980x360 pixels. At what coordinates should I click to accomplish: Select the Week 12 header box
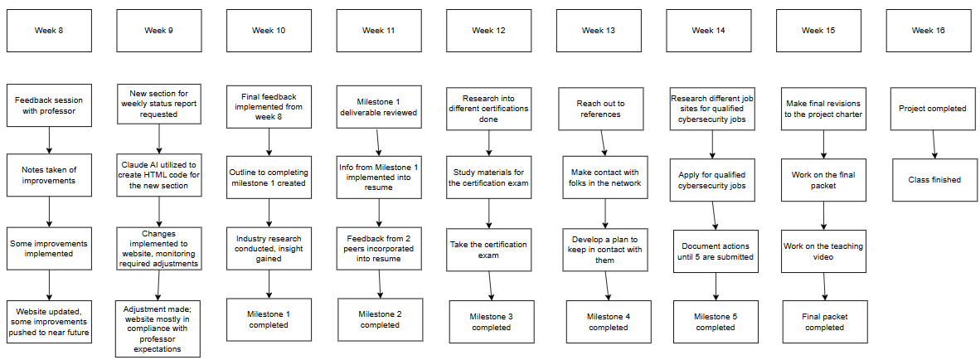click(x=489, y=31)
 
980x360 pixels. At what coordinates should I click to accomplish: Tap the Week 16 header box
click(x=929, y=31)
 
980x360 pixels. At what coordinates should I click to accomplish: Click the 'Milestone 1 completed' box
click(x=269, y=319)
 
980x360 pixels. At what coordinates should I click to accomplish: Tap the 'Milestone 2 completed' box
click(x=379, y=319)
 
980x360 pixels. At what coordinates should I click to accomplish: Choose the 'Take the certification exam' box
click(x=489, y=248)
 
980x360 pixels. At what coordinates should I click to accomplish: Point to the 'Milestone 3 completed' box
click(x=492, y=321)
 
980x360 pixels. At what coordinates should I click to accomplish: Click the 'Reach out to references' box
click(x=600, y=109)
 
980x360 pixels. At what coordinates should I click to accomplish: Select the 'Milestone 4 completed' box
click(x=609, y=321)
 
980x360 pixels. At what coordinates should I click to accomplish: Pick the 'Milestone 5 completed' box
click(x=715, y=321)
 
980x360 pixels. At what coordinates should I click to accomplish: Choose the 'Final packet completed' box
click(x=824, y=321)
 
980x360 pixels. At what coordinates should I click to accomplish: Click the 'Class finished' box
click(x=934, y=180)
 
